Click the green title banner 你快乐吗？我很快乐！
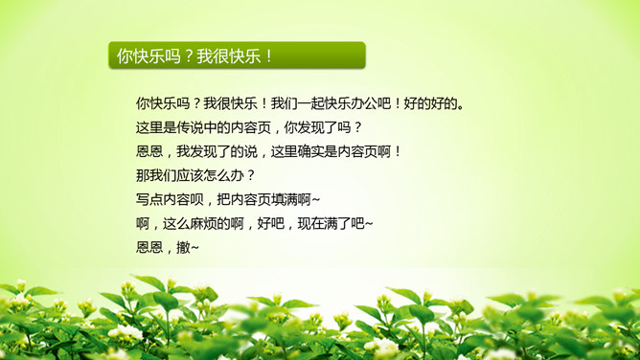[x=236, y=56]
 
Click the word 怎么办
[x=222, y=175]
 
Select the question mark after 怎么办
[x=250, y=175]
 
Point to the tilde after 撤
[x=196, y=248]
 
